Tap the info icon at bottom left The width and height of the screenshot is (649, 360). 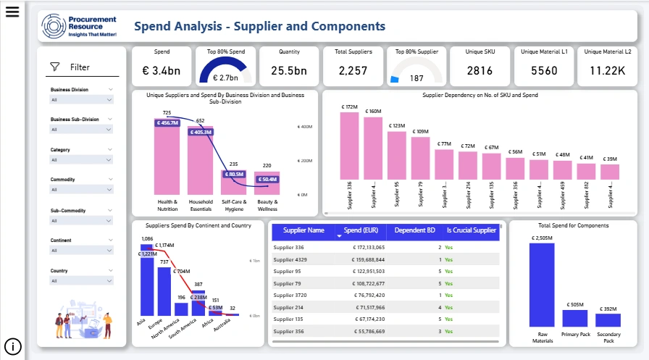[x=12, y=346]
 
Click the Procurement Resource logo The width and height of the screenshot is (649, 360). [x=78, y=25]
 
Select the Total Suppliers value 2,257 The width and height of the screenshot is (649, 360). [x=353, y=70]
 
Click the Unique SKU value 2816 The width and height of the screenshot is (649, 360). [x=480, y=70]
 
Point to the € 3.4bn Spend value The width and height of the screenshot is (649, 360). [x=162, y=70]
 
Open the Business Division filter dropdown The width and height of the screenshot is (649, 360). [x=81, y=99]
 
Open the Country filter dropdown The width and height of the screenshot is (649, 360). [x=81, y=281]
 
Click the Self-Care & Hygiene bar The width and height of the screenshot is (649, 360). [x=234, y=183]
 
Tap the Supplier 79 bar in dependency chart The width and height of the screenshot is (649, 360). [x=420, y=158]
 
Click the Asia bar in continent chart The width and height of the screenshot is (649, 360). [x=147, y=286]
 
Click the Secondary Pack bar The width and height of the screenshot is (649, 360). [x=608, y=319]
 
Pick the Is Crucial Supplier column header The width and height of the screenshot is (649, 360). [x=471, y=231]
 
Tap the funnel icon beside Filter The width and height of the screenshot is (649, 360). [x=54, y=67]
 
